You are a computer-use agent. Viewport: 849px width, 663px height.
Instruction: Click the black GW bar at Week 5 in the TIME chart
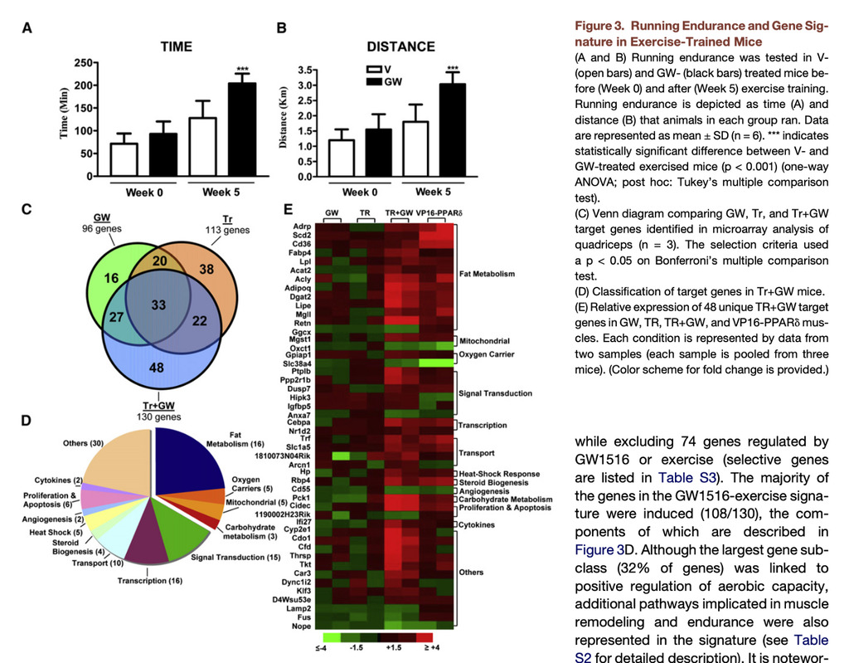(241, 129)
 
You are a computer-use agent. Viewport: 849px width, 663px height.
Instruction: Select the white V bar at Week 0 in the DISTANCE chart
(342, 158)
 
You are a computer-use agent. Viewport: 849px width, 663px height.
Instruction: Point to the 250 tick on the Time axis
(84, 63)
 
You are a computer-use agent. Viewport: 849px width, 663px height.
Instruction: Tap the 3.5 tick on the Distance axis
(305, 70)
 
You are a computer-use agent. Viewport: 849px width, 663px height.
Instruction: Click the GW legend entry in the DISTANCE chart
(384, 81)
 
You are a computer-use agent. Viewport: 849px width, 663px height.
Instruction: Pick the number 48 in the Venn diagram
(157, 368)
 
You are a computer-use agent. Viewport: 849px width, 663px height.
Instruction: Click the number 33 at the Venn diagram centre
(158, 305)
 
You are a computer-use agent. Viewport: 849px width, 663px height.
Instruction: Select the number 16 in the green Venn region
(111, 278)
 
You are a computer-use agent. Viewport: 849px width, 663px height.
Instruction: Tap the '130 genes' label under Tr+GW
(158, 417)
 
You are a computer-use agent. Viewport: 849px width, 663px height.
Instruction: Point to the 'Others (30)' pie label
(83, 443)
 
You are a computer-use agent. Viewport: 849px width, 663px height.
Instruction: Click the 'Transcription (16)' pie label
(150, 581)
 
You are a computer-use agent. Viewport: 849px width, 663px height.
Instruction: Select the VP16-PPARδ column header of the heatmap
(439, 213)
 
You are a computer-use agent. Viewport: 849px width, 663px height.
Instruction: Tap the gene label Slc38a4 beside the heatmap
(297, 363)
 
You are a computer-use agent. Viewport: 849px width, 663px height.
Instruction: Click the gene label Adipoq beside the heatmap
(298, 288)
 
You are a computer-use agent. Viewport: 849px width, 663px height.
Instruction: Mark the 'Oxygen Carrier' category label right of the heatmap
(487, 354)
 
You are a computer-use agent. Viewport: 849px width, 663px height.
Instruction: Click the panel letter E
(288, 209)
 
